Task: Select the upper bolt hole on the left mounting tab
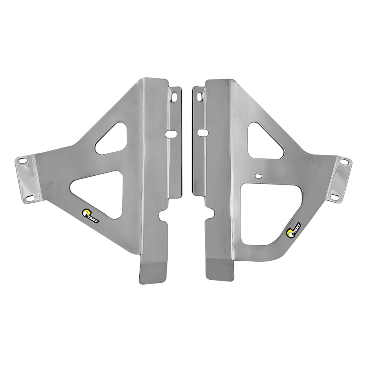coord(23,160)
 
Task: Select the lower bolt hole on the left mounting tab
coord(30,198)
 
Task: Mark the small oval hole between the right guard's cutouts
coord(259,176)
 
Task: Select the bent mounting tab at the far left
coord(27,179)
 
